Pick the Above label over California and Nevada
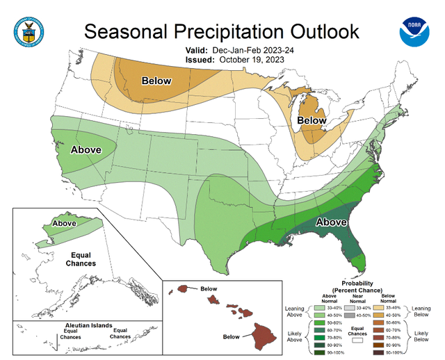tap(86, 149)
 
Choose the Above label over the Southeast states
tap(332, 222)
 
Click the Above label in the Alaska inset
tap(64, 224)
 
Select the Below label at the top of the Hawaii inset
tap(209, 287)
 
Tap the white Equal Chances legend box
tap(359, 341)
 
